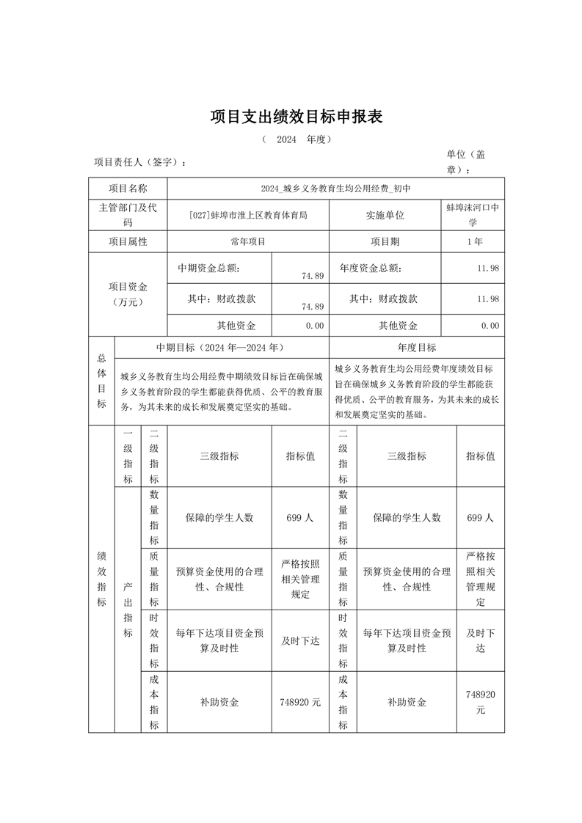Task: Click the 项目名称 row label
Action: [128, 189]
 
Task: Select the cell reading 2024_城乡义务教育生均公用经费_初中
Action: [336, 189]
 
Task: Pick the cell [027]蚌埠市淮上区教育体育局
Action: [248, 215]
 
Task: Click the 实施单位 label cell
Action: [385, 215]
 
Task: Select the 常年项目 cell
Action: [248, 241]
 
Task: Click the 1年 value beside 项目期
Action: [474, 241]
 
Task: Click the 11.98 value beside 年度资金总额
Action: [488, 268]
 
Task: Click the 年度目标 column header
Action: [416, 348]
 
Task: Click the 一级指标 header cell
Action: [128, 456]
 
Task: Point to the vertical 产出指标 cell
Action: [128, 610]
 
